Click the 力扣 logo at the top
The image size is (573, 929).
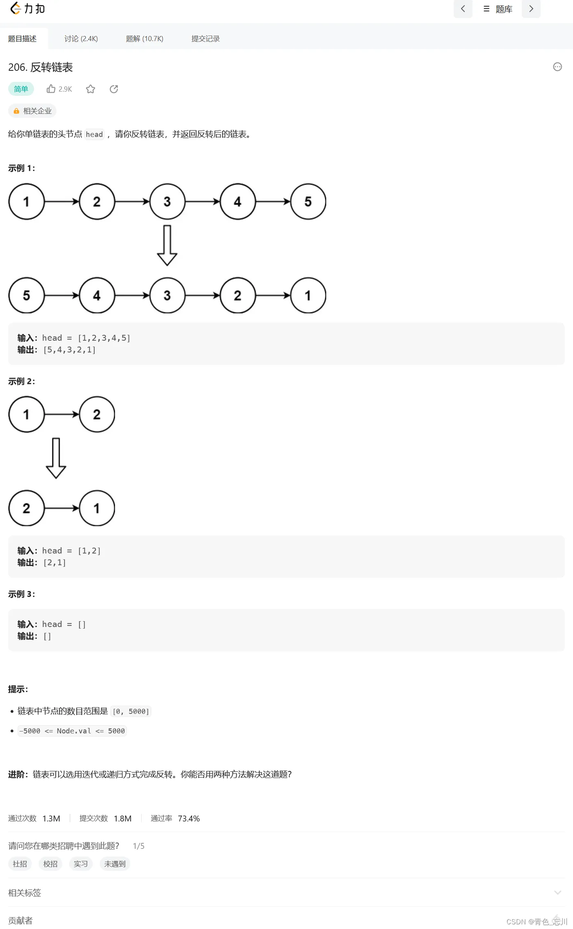27,9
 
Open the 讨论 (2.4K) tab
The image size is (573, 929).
81,39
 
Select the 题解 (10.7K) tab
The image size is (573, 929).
144,39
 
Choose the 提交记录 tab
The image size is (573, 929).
205,39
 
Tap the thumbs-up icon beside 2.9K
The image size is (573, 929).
51,89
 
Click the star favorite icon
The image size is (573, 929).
90,89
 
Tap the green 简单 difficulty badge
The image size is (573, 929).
21,89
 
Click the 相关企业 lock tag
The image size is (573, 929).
32,111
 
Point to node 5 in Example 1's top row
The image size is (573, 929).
308,201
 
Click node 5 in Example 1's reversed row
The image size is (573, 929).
27,295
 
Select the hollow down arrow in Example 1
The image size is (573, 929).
167,245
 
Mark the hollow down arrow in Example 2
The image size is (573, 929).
56,458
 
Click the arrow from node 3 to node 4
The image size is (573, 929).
203,201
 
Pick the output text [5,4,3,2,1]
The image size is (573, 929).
70,350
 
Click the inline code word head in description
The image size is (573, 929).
94,135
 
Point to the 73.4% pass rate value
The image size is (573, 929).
189,819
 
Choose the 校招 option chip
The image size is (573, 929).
50,864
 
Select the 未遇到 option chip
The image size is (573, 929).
115,864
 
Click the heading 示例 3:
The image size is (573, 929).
22,594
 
